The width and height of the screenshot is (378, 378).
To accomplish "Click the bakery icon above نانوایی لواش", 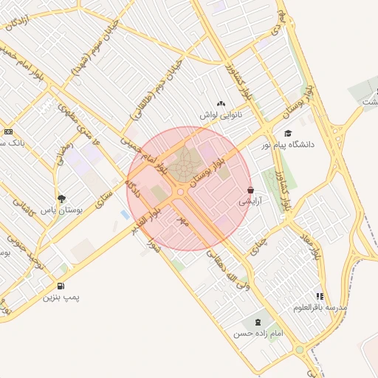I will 221,103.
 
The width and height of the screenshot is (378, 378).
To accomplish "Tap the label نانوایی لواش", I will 221,115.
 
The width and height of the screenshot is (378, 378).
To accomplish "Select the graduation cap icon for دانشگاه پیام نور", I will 288,134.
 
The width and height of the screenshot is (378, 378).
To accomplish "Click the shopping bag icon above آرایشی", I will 252,190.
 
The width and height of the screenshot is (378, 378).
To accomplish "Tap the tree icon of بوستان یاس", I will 61,199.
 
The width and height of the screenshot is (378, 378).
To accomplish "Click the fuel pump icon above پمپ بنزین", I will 60,286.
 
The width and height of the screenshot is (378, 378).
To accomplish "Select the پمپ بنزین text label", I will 60,298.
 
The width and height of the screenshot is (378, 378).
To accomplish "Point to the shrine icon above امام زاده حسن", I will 258,323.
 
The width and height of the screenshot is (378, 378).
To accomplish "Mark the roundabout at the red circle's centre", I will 181,190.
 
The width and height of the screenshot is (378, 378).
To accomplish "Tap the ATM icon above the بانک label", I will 8,131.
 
